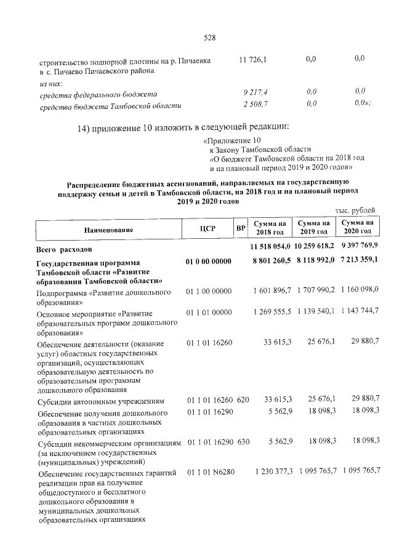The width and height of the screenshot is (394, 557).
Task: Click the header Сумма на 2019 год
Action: click(x=313, y=227)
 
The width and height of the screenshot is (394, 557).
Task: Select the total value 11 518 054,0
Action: click(x=269, y=247)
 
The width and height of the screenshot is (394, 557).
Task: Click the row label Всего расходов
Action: click(x=65, y=250)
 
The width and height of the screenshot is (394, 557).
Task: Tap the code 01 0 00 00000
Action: click(x=208, y=262)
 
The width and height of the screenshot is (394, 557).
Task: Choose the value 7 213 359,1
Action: click(x=360, y=261)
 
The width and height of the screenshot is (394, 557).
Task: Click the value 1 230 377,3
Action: click(x=271, y=471)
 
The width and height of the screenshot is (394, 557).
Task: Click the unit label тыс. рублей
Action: click(x=355, y=212)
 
